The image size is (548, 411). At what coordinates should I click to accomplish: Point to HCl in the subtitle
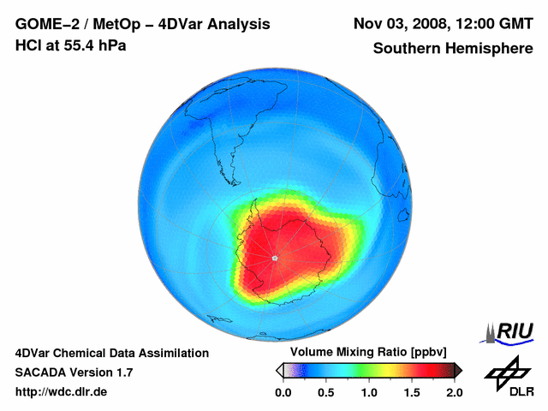(28, 45)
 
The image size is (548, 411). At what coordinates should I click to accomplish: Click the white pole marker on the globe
(274, 258)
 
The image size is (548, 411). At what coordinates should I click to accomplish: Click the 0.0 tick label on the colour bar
(283, 392)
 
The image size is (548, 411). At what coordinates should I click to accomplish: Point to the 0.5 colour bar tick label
(325, 392)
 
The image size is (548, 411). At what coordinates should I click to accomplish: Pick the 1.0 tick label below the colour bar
(369, 392)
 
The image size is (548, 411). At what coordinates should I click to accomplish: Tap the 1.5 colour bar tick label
(412, 392)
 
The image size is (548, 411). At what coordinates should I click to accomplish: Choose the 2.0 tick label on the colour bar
(454, 392)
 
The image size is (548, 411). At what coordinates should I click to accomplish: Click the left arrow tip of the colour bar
(279, 370)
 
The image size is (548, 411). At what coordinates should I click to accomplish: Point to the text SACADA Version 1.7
(74, 372)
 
